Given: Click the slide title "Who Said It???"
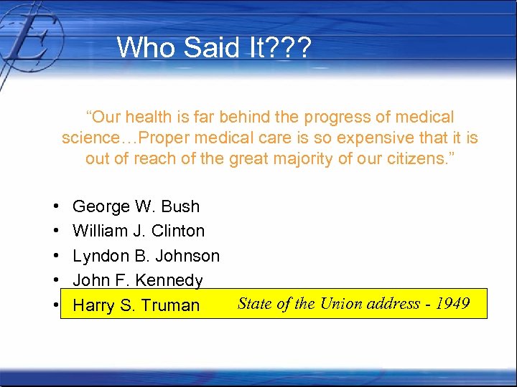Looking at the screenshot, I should tap(214, 48).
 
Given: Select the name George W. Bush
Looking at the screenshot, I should tap(136, 206).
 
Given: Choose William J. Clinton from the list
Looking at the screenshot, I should tap(139, 231).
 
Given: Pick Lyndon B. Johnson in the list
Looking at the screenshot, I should tap(146, 256).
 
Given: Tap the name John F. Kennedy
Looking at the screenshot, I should tap(138, 280).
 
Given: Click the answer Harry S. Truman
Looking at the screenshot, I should tap(136, 305).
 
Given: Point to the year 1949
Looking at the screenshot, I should tap(453, 303).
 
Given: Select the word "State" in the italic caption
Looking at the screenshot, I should tap(255, 303).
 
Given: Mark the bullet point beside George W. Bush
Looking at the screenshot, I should tap(55, 207).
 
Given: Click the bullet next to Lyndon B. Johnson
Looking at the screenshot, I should tap(55, 257).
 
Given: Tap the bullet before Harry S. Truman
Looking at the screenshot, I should tap(55, 305).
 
